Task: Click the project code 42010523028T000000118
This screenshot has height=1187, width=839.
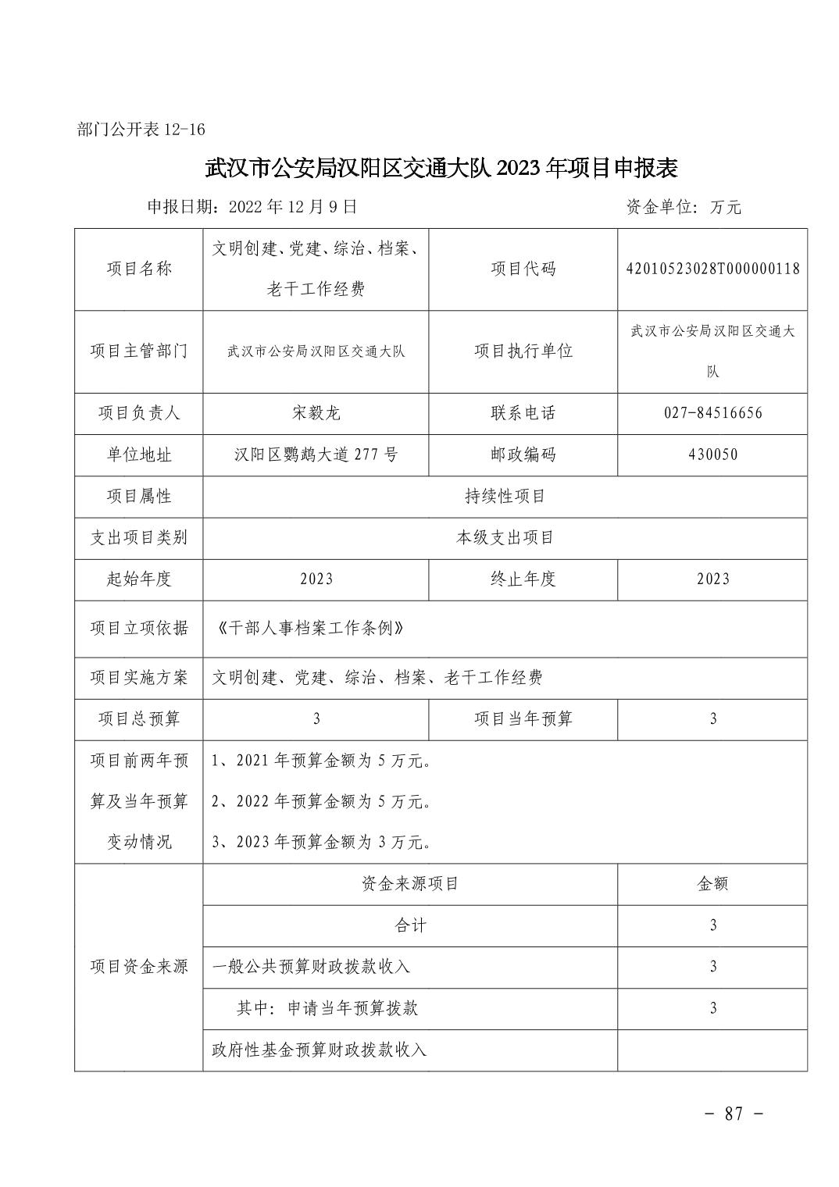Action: [712, 269]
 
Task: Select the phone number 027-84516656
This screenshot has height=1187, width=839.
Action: [712, 413]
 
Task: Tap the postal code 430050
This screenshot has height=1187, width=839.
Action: [712, 454]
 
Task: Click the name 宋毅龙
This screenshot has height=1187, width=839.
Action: [316, 413]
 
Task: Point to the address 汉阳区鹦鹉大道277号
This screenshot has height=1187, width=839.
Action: [316, 454]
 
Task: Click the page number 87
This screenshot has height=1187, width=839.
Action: [734, 1114]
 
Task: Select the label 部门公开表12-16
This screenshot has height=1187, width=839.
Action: [141, 130]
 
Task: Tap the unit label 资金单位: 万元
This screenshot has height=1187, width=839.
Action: [684, 207]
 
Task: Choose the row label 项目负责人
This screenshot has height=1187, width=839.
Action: [139, 413]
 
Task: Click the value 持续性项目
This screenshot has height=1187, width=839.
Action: [505, 496]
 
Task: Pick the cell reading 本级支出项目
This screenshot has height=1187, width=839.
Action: [505, 537]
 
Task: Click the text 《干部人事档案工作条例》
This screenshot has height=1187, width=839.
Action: [312, 628]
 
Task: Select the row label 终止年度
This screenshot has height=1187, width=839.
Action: [523, 579]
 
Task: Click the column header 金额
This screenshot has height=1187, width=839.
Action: [712, 884]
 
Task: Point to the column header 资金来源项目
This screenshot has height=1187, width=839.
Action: [410, 884]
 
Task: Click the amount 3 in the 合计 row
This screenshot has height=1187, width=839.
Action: [712, 925]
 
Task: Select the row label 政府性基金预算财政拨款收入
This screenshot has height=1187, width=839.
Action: [320, 1050]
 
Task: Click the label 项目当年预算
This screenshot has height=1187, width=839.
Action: [523, 718]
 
